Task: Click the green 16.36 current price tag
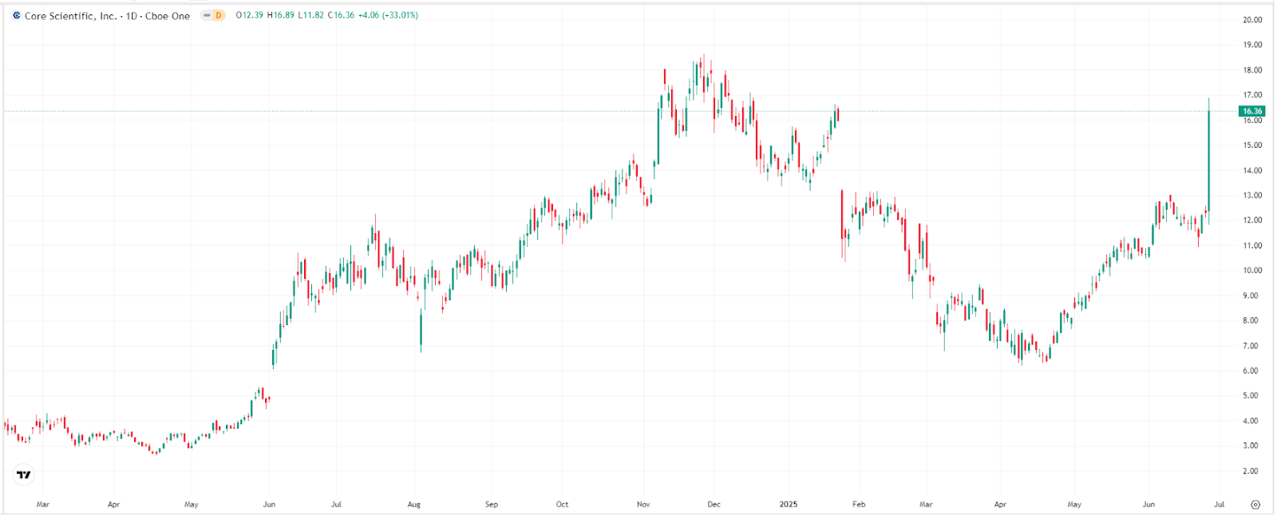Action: [x=1251, y=111]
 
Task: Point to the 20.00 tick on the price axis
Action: [x=1251, y=20]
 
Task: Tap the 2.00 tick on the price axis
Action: [x=1251, y=471]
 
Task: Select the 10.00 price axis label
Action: [x=1251, y=271]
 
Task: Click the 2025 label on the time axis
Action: [x=788, y=504]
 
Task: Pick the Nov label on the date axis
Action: [x=643, y=504]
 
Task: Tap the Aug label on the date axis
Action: [x=413, y=504]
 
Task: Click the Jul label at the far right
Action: [x=1219, y=504]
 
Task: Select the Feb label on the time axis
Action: [x=859, y=504]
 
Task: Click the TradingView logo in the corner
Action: [x=24, y=474]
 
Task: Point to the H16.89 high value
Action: [x=281, y=15]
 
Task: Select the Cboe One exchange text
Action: [x=168, y=16]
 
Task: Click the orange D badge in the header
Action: [x=218, y=15]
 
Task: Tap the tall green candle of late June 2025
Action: [x=1209, y=160]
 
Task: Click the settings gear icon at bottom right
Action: [x=1255, y=504]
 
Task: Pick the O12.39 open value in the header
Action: [x=249, y=15]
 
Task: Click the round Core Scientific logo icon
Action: [x=17, y=15]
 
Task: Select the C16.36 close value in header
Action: [x=341, y=15]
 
